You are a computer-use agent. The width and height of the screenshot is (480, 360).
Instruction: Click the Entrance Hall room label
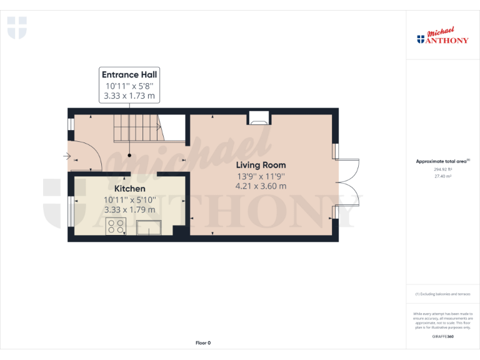129,74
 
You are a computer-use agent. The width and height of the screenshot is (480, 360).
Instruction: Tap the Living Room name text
261,165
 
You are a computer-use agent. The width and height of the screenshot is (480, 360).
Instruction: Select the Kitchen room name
129,188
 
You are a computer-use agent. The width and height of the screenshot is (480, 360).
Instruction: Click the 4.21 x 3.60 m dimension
261,186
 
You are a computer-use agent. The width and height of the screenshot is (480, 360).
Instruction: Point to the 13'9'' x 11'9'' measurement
261,176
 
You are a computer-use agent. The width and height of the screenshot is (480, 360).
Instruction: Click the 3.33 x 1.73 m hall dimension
129,96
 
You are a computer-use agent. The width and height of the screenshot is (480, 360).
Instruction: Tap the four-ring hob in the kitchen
115,226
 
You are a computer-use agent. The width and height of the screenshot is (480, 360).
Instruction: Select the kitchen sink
149,227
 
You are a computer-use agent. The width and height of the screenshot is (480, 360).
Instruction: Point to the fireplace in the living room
259,117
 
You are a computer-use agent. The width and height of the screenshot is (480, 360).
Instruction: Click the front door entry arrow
67,156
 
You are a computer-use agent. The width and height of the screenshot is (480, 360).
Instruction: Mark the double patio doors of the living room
347,181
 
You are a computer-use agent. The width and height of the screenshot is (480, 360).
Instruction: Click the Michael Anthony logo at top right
442,37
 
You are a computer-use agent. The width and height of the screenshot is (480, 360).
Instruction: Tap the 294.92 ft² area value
442,169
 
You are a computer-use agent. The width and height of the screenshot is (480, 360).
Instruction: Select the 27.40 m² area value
442,176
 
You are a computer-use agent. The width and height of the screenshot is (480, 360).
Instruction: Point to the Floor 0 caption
203,342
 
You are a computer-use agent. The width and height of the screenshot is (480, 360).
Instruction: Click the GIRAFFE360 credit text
442,337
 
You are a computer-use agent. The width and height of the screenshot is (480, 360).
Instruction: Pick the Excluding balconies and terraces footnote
442,294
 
